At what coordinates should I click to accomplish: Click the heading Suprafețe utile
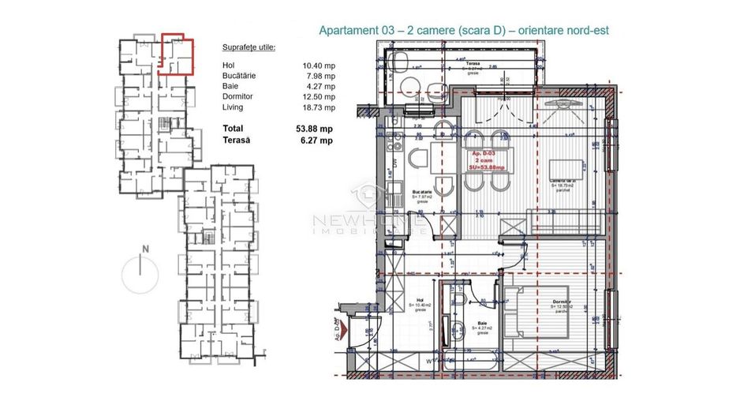pos(249,47)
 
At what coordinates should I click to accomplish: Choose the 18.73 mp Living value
pos(318,107)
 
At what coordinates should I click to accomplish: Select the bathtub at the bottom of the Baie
pos(471,359)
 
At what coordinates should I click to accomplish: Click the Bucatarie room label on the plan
pos(423,193)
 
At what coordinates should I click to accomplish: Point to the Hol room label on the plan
pos(419,300)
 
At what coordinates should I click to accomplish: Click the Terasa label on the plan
pos(473,62)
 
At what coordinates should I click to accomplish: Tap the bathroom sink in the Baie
pos(456,328)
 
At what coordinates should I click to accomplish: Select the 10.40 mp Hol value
pos(318,66)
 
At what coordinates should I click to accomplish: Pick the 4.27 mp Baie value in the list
pos(320,87)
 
